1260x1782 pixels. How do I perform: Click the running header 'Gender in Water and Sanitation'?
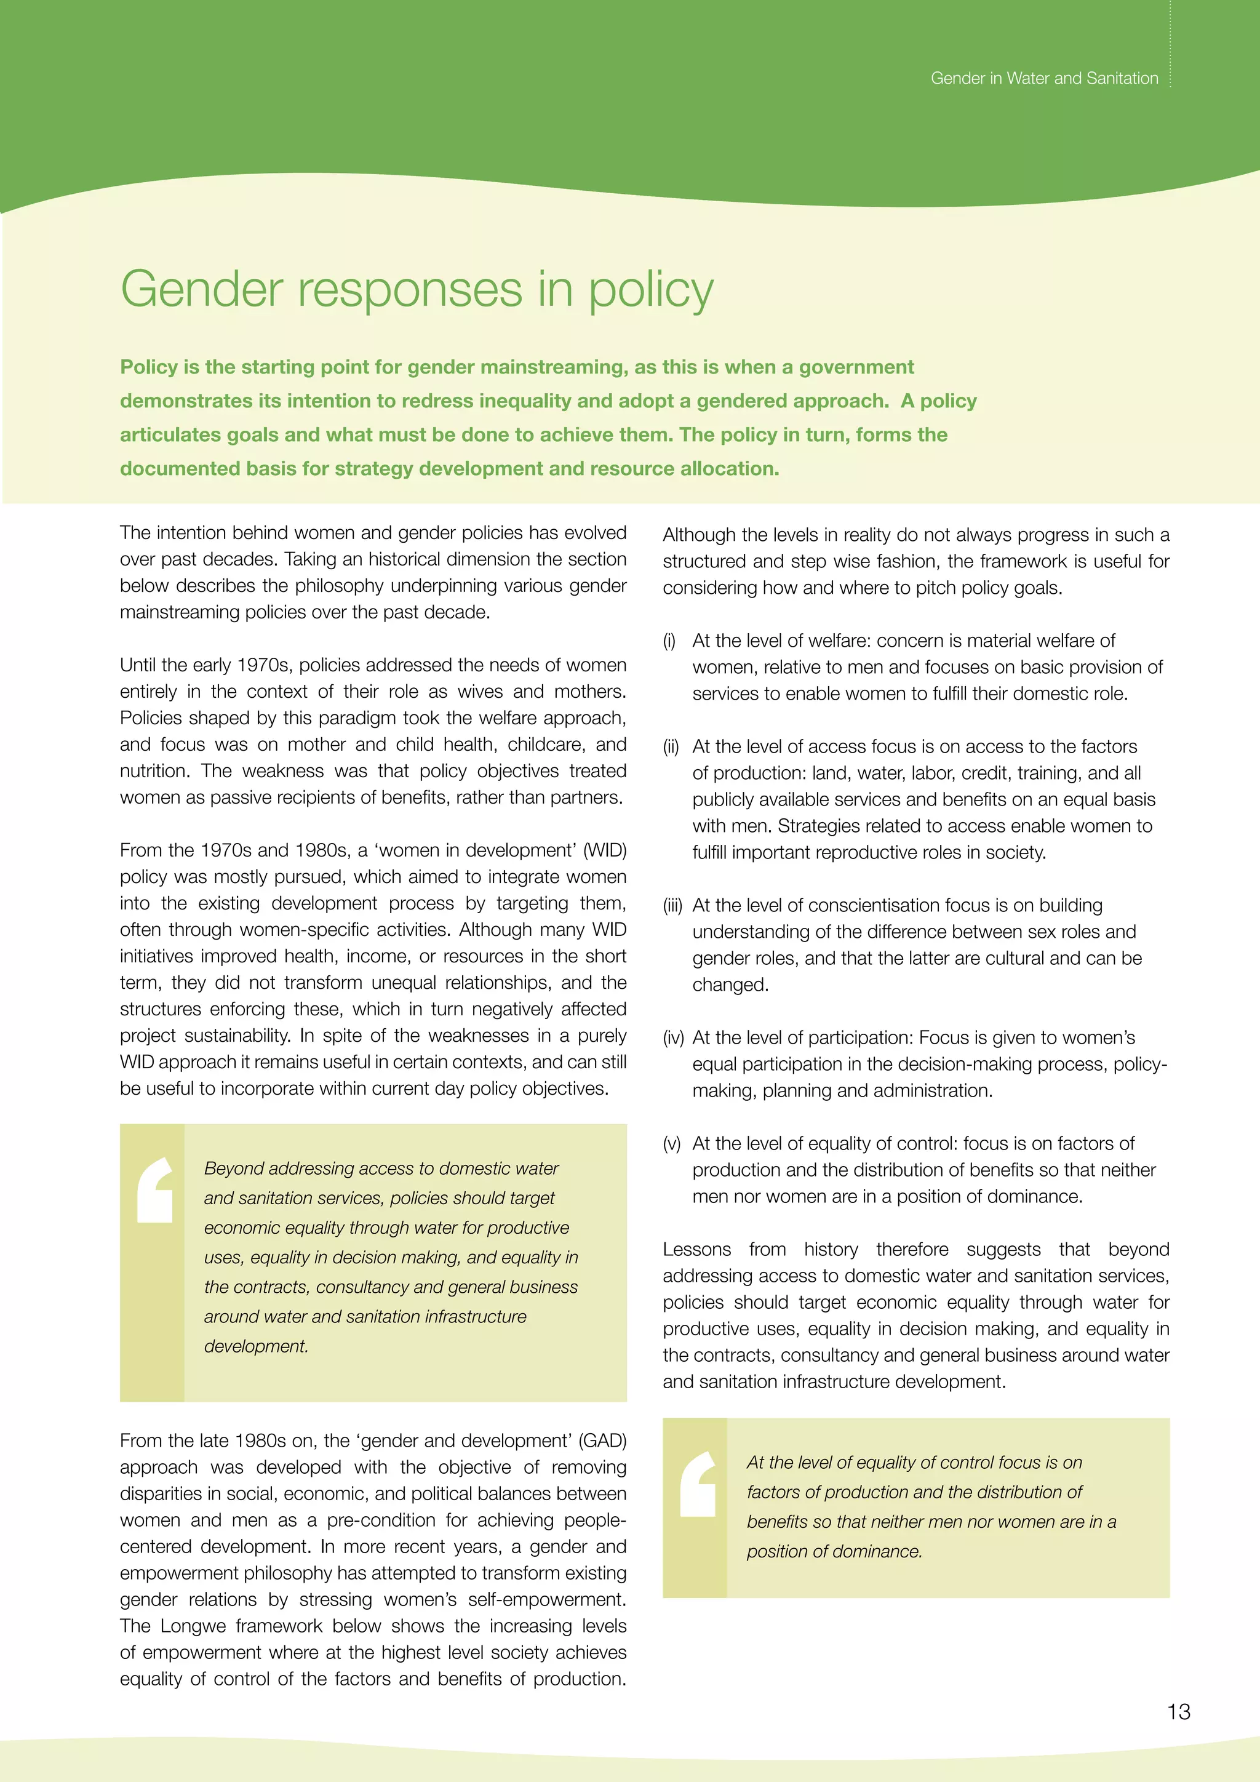pos(1043,78)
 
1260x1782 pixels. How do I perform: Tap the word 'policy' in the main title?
pos(650,290)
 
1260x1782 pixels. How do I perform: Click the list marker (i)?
pos(669,641)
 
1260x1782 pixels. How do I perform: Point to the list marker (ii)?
pos(671,746)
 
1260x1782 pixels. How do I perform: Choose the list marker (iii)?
pos(672,906)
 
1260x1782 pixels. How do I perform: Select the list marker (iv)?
pos(672,1037)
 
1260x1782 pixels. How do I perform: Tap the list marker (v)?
pos(671,1143)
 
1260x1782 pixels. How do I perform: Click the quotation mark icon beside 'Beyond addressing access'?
pos(154,1190)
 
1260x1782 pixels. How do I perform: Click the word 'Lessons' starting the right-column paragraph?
pos(696,1250)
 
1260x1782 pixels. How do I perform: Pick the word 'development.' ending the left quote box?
pos(256,1346)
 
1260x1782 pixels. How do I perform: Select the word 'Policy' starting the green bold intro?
pos(149,367)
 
